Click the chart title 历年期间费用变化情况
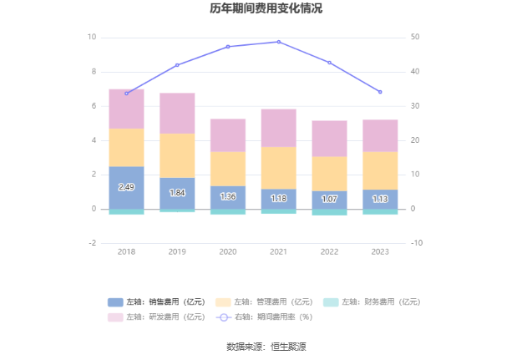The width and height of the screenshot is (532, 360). click(x=266, y=9)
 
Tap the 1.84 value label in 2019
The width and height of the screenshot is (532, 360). click(x=177, y=193)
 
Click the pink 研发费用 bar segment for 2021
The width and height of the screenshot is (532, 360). click(x=278, y=128)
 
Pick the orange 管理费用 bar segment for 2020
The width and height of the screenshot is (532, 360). click(x=228, y=169)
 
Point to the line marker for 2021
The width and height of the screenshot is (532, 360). click(x=278, y=42)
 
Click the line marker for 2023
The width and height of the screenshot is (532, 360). click(x=380, y=92)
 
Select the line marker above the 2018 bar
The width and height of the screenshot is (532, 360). click(x=126, y=94)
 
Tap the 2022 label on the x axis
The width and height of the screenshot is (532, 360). click(x=329, y=251)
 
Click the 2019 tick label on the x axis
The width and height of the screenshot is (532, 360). click(x=177, y=251)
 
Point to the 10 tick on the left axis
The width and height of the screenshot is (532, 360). click(x=92, y=38)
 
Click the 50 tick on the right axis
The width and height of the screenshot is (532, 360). click(x=417, y=38)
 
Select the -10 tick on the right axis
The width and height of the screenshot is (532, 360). click(x=417, y=243)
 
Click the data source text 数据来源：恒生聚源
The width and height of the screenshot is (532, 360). click(x=266, y=347)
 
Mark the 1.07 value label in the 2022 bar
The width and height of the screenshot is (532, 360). click(x=329, y=200)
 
